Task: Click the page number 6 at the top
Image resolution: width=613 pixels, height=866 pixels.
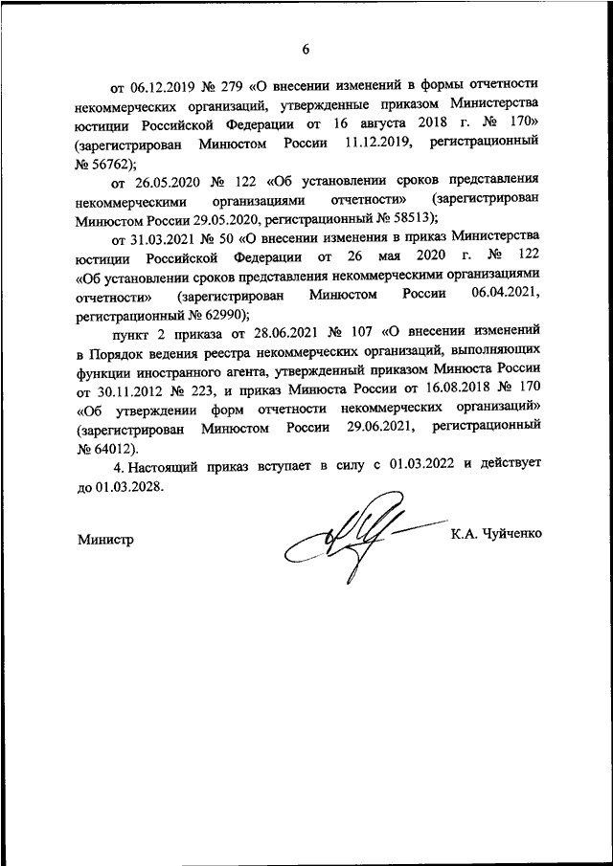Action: click(x=306, y=49)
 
